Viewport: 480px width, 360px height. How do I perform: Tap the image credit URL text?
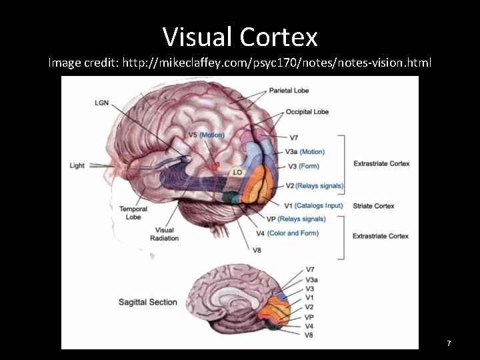[240, 63]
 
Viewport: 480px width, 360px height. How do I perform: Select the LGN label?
[102, 102]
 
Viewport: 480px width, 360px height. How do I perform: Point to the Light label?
[77, 165]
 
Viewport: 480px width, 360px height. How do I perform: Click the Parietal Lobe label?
[289, 90]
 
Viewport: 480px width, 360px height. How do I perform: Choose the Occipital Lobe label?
[307, 111]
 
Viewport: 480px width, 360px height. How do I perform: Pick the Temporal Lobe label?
[133, 213]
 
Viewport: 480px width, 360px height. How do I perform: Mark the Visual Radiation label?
[164, 234]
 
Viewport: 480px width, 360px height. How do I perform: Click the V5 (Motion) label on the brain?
[206, 135]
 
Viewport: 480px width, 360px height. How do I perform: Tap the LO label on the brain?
[237, 172]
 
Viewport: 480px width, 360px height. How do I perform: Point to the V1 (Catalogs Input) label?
[313, 206]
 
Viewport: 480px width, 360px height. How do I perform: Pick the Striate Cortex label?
[373, 206]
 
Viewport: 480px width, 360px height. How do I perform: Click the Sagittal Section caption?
[148, 302]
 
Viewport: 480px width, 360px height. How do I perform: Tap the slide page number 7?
[449, 343]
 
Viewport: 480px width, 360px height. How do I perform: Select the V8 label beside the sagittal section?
[309, 335]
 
